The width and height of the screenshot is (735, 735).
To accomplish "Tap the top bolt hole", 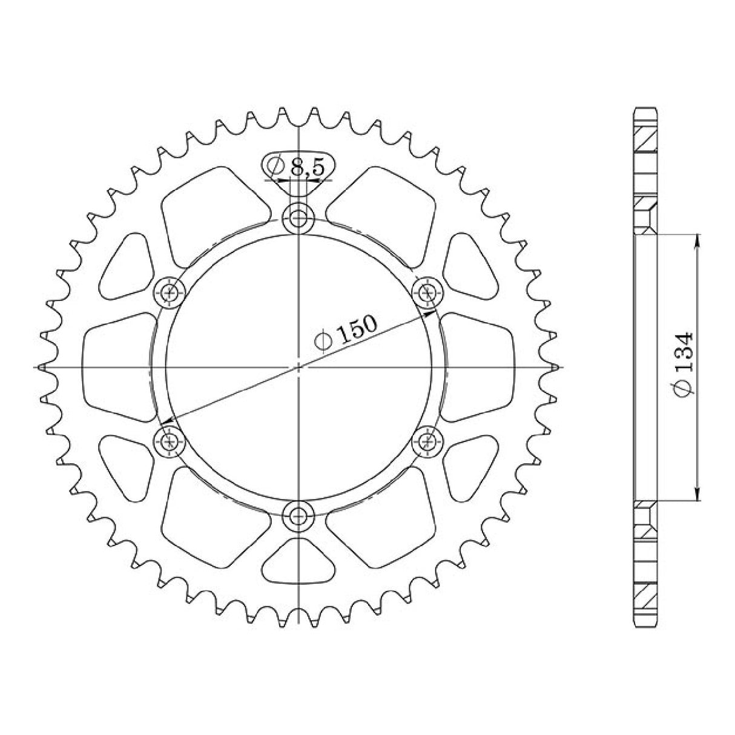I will (x=298, y=217).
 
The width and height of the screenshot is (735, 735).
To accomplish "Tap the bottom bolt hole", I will (x=298, y=516).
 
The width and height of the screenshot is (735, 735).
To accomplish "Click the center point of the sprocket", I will (x=299, y=367).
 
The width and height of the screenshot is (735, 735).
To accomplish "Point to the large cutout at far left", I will (x=115, y=366).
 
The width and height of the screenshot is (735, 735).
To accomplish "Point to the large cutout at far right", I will (x=481, y=366).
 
